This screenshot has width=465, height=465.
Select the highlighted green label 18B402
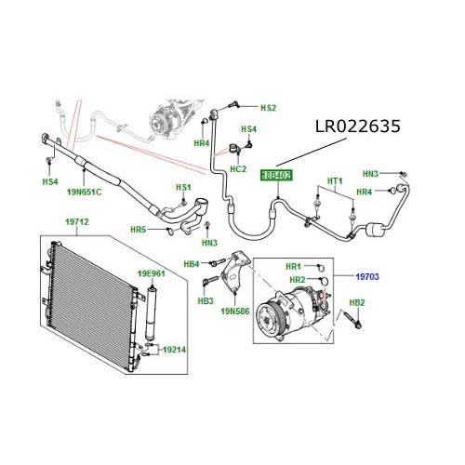[275, 175]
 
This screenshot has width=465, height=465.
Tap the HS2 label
[268, 108]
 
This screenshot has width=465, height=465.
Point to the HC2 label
[237, 168]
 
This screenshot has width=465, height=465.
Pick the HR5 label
[137, 229]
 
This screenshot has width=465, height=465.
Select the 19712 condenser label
[76, 223]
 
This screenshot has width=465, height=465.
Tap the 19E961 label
[151, 274]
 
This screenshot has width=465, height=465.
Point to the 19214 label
[174, 351]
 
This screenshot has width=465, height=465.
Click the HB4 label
[192, 264]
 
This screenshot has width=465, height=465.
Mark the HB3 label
[206, 300]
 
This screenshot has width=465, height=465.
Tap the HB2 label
[356, 303]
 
